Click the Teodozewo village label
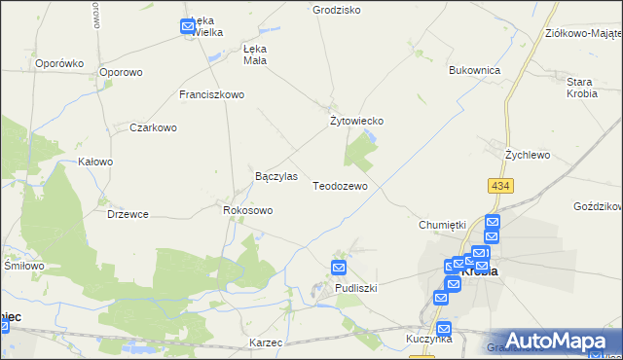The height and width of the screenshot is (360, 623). point(340,185)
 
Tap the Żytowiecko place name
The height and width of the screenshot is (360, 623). point(359,121)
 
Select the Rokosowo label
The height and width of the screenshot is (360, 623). point(248,209)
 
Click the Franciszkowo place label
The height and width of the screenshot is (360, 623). point(211,95)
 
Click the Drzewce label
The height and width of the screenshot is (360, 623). point(128,214)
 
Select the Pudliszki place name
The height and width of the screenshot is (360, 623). point(355,289)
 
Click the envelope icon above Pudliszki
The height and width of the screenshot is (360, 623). point(339,268)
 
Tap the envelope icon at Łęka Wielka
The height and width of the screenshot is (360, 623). point(188,27)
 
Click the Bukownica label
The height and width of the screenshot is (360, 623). point(474,71)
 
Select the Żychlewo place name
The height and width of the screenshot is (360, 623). point(528,155)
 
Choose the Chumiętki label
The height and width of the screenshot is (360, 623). point(443,225)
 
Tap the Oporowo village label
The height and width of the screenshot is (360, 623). point(121,72)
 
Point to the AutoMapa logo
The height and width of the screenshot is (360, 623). point(552,340)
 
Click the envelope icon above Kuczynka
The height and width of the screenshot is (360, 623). point(444,329)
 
